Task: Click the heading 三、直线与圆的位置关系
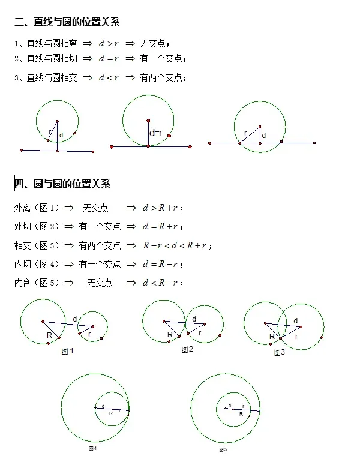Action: tap(67, 23)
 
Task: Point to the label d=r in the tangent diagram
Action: tap(156, 133)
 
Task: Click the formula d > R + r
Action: tap(161, 208)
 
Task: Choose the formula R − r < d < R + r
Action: tap(176, 245)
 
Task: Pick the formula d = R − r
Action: tap(161, 264)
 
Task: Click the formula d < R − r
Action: tap(161, 283)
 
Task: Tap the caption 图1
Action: tap(67, 352)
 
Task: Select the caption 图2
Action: tap(187, 350)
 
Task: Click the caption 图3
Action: tap(279, 353)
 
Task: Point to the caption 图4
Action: tap(92, 448)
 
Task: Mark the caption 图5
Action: tap(222, 449)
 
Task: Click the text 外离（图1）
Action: tap(37, 208)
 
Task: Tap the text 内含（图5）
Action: tap(37, 283)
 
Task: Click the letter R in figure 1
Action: tap(49, 335)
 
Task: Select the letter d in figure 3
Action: tap(295, 321)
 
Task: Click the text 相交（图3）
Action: tap(37, 245)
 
